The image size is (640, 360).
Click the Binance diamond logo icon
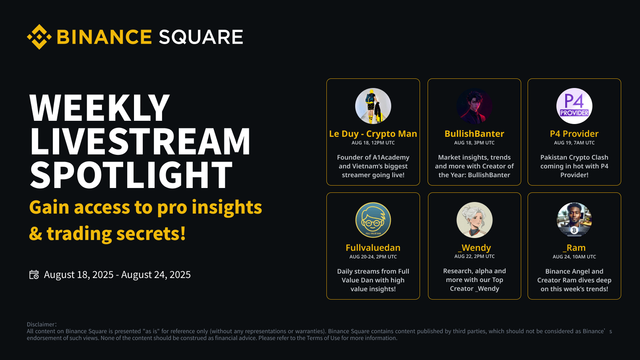39,37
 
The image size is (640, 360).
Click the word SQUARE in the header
201,37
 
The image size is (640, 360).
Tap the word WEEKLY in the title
100,108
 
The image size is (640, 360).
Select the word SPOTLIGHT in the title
131,175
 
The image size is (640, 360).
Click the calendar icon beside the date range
34,274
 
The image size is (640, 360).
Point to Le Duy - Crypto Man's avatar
373,106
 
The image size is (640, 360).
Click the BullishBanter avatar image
474,106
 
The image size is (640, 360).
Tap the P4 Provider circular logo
574,106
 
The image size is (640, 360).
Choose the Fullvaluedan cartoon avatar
373,220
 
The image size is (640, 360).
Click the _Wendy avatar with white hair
474,220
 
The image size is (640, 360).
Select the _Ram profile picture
574,220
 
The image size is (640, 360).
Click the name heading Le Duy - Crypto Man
373,134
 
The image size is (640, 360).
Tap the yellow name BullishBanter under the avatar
474,134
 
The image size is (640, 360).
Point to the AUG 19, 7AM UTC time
574,142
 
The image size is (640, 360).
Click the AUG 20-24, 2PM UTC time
373,256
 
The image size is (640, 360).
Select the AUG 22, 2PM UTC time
474,256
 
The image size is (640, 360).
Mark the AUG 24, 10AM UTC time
574,256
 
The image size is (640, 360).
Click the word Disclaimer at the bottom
40,324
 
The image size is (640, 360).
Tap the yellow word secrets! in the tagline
151,234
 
